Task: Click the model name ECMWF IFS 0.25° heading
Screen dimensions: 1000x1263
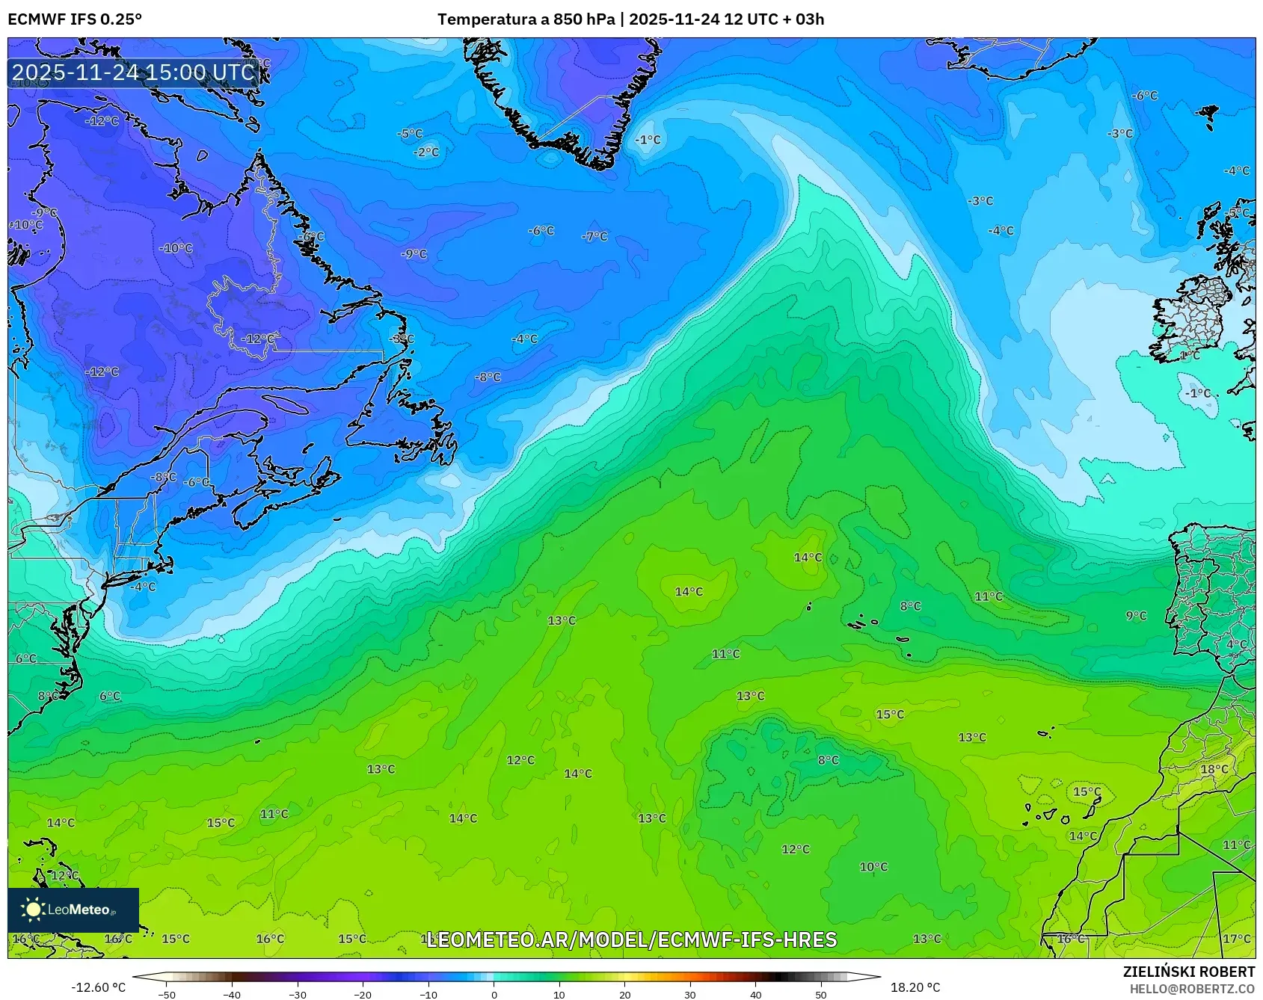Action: tap(75, 19)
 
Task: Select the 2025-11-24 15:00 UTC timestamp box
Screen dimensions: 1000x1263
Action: tap(134, 72)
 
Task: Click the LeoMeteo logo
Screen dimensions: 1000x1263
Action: tap(73, 910)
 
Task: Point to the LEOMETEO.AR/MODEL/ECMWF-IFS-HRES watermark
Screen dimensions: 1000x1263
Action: tap(631, 939)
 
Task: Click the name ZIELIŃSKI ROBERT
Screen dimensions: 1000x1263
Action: tap(1189, 972)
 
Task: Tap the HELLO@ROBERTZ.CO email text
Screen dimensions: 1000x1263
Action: tap(1192, 989)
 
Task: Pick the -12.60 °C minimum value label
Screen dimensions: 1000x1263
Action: tap(98, 987)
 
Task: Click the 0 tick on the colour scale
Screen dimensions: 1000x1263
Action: tap(494, 995)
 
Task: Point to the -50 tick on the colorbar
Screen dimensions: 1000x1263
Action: tap(167, 995)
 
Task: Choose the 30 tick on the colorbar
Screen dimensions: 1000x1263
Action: tap(689, 995)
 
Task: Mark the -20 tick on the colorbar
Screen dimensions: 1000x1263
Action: tap(363, 995)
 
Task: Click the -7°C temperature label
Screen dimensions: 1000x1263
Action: tap(595, 236)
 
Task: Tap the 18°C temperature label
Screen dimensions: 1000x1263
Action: tap(1214, 769)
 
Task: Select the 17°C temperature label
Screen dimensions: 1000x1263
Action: tap(1236, 939)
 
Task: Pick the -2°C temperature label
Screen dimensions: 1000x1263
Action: tap(427, 152)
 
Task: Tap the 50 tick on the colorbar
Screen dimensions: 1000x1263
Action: tap(821, 995)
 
